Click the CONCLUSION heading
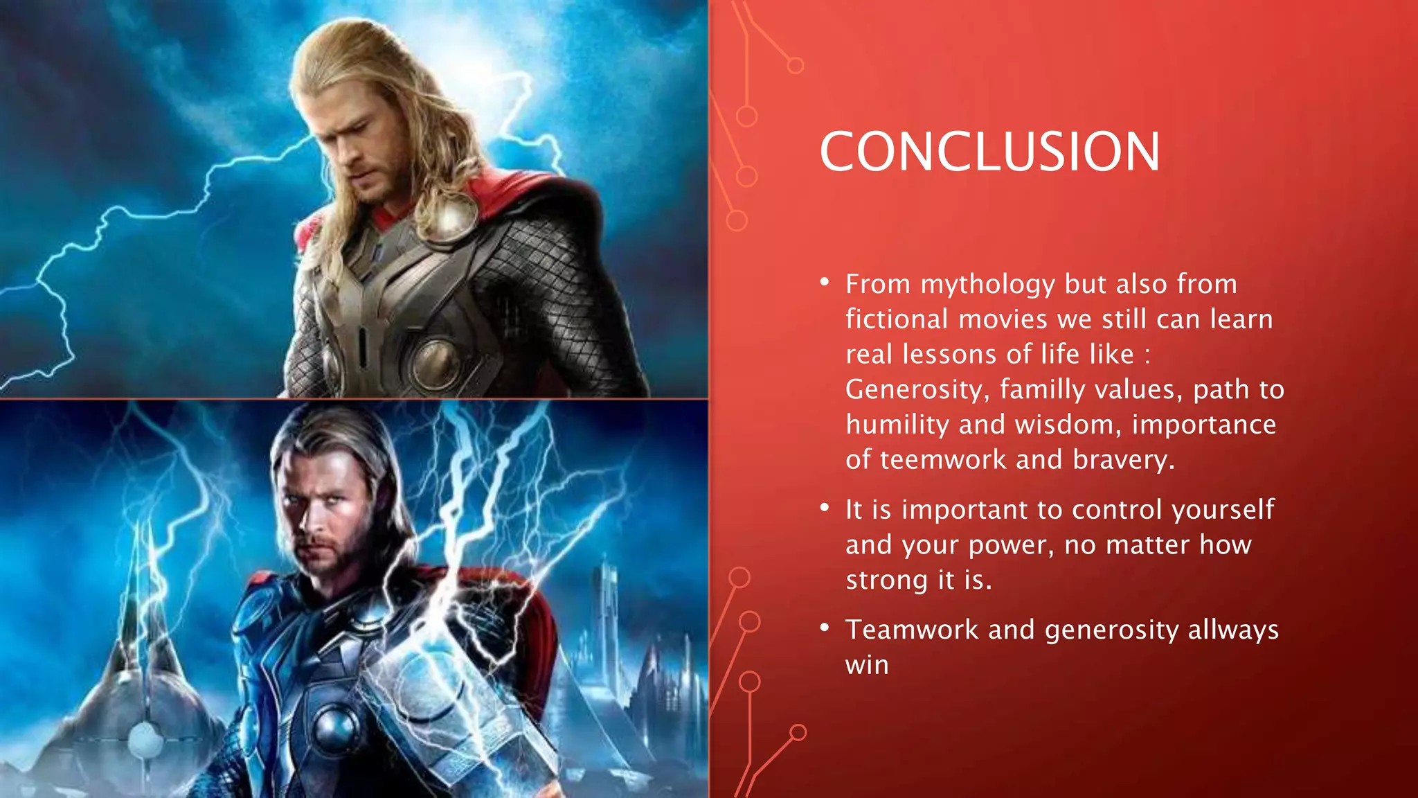coord(989,152)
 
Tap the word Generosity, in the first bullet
coord(918,390)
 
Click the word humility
coord(897,425)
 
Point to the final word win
coord(867,666)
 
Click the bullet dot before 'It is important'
coord(824,508)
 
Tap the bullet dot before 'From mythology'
coord(824,282)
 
